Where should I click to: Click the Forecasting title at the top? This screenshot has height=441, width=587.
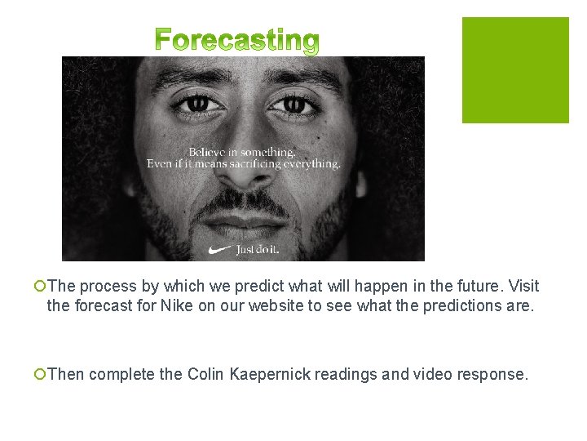coord(236,41)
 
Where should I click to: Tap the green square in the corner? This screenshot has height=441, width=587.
coord(515,70)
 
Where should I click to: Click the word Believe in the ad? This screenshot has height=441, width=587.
coord(208,152)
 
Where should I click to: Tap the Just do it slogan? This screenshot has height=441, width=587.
coord(258,249)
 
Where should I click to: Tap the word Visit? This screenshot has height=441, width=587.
coord(522,287)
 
